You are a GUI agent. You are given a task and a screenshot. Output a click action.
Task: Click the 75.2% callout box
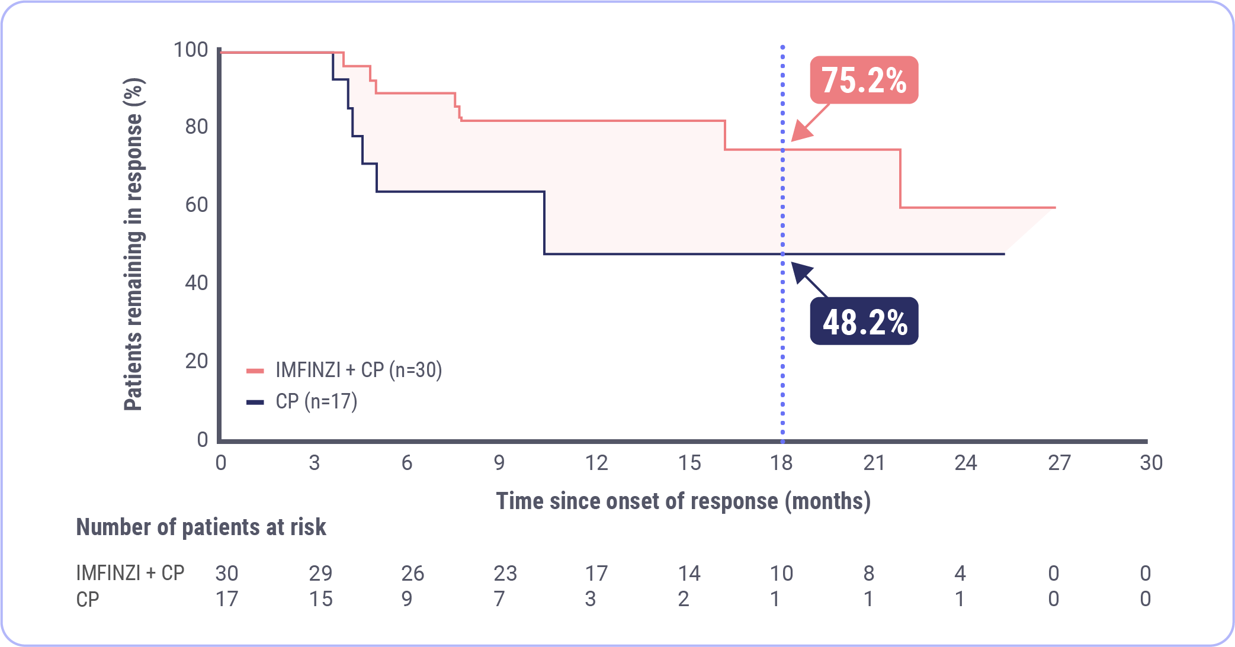[x=864, y=81]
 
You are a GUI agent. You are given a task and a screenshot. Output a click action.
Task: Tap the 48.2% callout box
[x=864, y=321]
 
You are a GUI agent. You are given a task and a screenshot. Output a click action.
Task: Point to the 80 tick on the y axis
[x=197, y=127]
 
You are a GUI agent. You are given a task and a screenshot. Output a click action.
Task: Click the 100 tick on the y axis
[x=191, y=50]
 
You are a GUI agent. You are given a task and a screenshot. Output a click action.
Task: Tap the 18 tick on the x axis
[x=781, y=462]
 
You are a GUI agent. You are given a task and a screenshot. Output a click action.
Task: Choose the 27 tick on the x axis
[x=1059, y=462]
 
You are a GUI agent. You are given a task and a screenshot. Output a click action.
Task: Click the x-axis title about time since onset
[x=683, y=501]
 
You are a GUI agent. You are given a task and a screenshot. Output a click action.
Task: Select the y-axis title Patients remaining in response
[x=134, y=244]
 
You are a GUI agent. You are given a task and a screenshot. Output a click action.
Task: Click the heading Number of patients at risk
[x=201, y=527]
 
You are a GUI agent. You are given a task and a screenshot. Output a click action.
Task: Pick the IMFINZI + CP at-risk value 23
[x=505, y=573]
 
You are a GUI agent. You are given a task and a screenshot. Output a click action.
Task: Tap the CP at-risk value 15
[x=320, y=599]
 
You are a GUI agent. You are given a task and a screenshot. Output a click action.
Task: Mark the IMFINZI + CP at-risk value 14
[x=689, y=573]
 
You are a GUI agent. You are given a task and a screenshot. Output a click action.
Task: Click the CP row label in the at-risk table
[x=88, y=599]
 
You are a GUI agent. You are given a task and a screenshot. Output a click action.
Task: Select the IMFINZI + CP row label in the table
[x=130, y=573]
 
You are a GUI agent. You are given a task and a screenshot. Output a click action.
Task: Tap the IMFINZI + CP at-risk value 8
[x=869, y=573]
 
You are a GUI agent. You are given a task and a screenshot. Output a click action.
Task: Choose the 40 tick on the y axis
[x=197, y=283]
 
